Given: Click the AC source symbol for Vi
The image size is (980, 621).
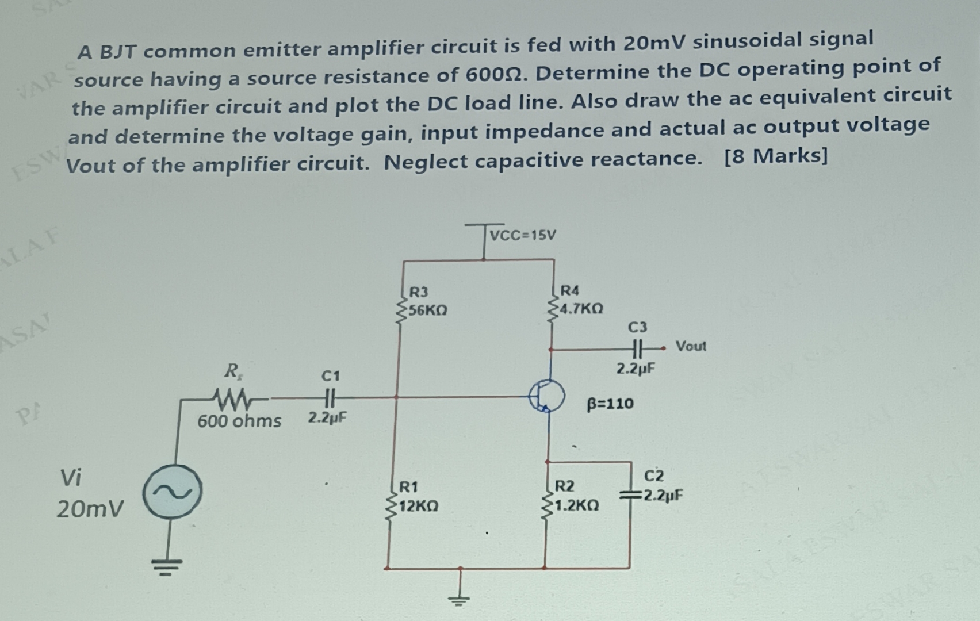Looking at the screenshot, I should pyautogui.click(x=173, y=492).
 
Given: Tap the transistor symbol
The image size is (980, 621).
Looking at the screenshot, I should pyautogui.click(x=547, y=396).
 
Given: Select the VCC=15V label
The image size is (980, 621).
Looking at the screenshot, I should pyautogui.click(x=523, y=235).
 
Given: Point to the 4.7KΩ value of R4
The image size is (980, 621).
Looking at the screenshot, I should pyautogui.click(x=581, y=309).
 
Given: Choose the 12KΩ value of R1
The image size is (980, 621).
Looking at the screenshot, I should pyautogui.click(x=418, y=507).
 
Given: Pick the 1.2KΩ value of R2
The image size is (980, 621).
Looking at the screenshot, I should pyautogui.click(x=577, y=505).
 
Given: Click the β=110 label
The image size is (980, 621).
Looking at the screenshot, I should pyautogui.click(x=610, y=404).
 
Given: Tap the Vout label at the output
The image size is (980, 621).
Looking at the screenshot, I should pyautogui.click(x=691, y=346).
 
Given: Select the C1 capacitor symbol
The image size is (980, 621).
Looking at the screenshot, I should pyautogui.click(x=330, y=397).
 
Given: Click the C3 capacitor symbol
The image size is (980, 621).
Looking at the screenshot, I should pyautogui.click(x=637, y=348).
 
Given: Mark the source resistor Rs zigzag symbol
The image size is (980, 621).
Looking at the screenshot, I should pyautogui.click(x=231, y=397).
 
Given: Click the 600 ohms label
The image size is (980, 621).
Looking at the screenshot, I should pyautogui.click(x=239, y=421).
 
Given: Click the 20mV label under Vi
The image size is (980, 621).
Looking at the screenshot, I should pyautogui.click(x=90, y=509).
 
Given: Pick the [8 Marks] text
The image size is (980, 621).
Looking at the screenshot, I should pyautogui.click(x=776, y=156).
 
